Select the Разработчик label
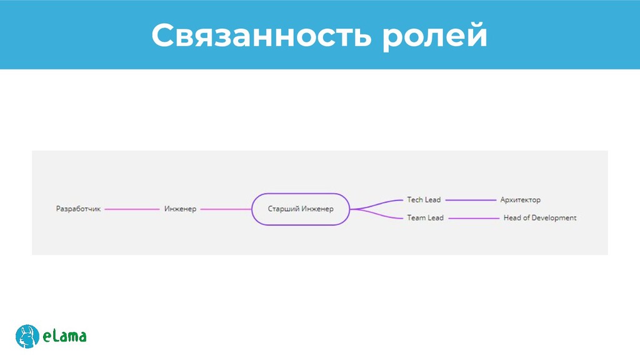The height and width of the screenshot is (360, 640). [x=78, y=209]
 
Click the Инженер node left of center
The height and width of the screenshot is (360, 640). [x=180, y=209]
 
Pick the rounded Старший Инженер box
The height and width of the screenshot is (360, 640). [x=301, y=209]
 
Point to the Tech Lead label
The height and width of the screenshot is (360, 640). [x=424, y=200]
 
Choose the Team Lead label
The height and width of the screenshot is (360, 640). [x=425, y=218]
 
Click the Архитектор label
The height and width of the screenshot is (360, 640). [x=520, y=200]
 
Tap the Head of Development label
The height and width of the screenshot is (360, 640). [x=540, y=218]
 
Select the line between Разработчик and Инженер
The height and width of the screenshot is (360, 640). [x=132, y=209]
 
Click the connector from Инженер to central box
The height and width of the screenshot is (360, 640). [x=226, y=209]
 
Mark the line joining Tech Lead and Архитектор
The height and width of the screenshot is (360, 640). [x=471, y=200]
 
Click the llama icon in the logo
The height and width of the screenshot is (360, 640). [x=27, y=336]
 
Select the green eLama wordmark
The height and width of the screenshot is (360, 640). [x=65, y=337]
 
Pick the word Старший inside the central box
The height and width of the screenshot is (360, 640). [x=283, y=209]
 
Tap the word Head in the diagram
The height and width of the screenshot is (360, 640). [x=512, y=218]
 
